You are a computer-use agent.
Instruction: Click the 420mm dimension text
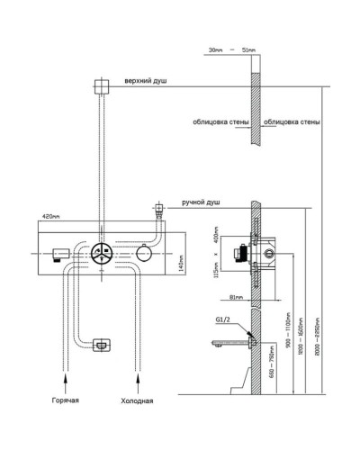click(51, 216)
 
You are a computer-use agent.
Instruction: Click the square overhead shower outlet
click(100, 85)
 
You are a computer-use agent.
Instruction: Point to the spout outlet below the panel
click(101, 344)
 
